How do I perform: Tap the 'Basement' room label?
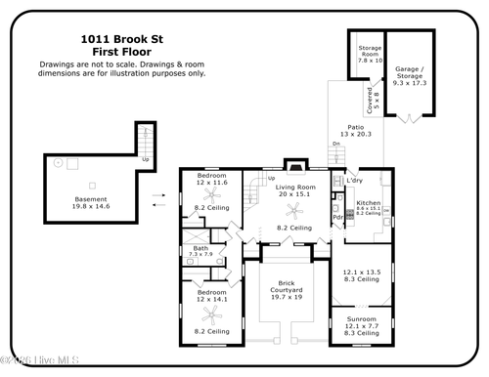coord(91,199)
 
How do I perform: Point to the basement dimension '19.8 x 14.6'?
coord(91,207)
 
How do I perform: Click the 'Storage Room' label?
coord(370,51)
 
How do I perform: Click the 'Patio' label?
coord(357,126)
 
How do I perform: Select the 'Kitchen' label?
coord(368,202)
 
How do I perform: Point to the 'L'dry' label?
coord(355,181)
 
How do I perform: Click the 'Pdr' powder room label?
coord(337,218)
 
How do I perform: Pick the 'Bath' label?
coord(200,248)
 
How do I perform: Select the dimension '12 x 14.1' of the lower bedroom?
coord(212,301)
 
